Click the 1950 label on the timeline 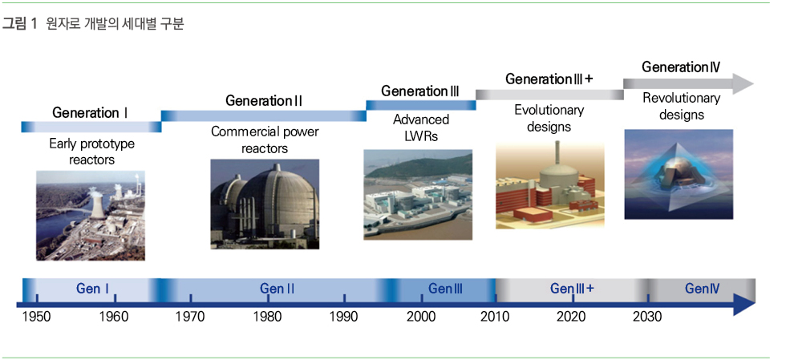36,317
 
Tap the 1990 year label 344,317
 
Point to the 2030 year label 647,317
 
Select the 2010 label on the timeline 495,317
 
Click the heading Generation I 90,113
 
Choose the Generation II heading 264,101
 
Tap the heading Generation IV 681,67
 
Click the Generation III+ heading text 549,79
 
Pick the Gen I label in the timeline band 93,289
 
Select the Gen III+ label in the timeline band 572,289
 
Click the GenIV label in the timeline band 703,289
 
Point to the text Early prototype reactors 91,152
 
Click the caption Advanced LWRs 421,127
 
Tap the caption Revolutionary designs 681,107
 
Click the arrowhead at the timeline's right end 744,305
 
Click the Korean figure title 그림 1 20,23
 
